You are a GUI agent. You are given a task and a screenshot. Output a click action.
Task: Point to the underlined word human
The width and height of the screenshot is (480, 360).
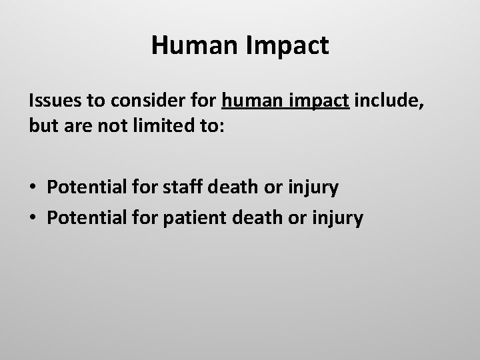click(x=252, y=102)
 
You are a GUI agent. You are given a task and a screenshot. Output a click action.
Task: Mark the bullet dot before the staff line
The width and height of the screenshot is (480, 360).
click(x=34, y=188)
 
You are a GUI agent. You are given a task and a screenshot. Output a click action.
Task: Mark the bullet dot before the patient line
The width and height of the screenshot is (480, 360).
click(x=34, y=217)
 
